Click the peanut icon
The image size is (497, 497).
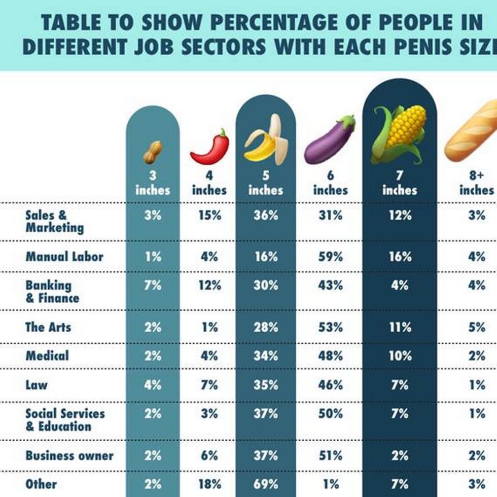(x=152, y=152)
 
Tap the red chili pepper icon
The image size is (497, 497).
(x=210, y=147)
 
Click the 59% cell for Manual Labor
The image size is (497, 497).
(x=330, y=257)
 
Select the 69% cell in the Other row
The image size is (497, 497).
(x=266, y=484)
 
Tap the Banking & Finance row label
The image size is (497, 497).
(x=52, y=292)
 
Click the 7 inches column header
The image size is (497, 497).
(x=400, y=184)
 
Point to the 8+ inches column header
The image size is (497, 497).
(x=476, y=184)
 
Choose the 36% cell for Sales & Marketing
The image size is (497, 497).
(x=266, y=216)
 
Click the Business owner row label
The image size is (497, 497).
(x=69, y=455)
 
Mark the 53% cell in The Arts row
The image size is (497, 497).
(x=330, y=327)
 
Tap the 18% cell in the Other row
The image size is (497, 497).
(x=209, y=484)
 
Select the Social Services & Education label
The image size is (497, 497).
(x=65, y=420)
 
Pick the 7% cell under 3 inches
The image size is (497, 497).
(x=153, y=285)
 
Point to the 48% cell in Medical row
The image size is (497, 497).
(x=330, y=356)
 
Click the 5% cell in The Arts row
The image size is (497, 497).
(x=477, y=327)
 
